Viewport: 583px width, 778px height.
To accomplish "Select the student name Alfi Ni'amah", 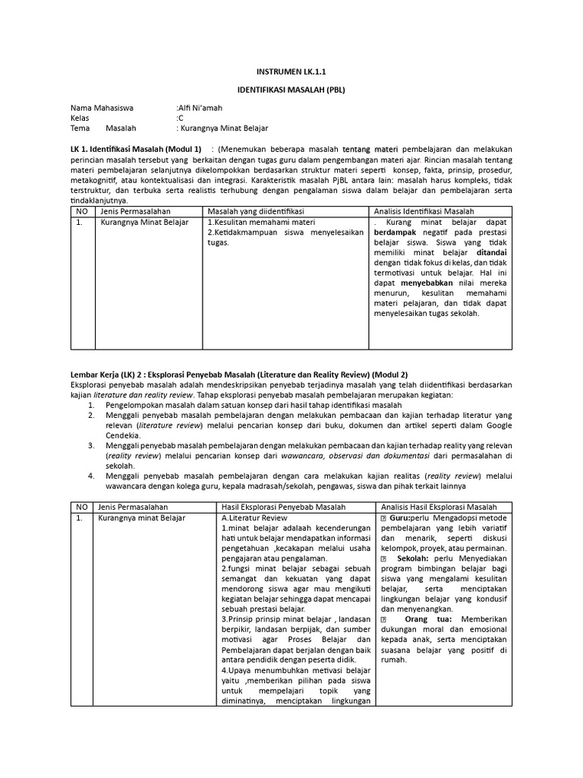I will tap(200, 109).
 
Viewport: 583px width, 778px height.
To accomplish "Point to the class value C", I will tap(181, 119).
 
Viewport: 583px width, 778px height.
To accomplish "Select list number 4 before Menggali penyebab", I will tap(90, 476).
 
